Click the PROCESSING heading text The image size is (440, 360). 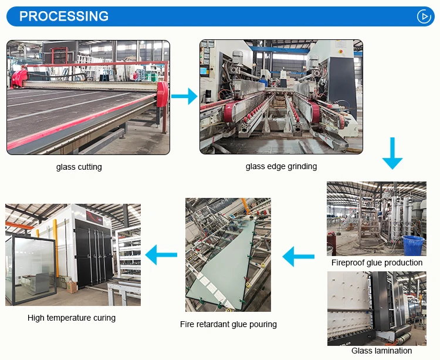64,16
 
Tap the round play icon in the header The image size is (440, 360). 424,16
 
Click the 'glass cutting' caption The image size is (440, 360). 79,167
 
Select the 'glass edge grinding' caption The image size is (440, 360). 281,166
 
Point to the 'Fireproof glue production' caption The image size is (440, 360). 377,263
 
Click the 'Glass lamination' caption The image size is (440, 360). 381,351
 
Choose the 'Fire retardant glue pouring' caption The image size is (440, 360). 228,324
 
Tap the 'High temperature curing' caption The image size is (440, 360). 72,318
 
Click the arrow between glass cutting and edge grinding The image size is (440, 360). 184,96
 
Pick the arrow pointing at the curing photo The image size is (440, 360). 161,255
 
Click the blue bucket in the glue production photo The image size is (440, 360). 413,245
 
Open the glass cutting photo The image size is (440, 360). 88,97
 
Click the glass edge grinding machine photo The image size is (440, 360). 281,97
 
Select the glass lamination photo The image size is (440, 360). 376,308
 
